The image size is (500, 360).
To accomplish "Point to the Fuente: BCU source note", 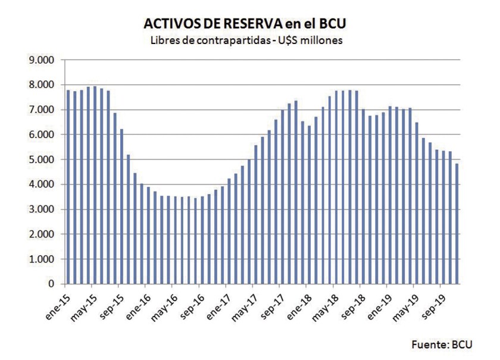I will click(441, 344).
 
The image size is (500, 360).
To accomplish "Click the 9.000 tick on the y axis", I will click(42, 60).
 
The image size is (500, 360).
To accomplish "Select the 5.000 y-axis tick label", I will click(42, 159).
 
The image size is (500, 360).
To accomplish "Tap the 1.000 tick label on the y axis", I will click(42, 259).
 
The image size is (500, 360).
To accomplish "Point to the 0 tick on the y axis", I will click(52, 284).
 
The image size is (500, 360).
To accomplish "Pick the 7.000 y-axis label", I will click(42, 110).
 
